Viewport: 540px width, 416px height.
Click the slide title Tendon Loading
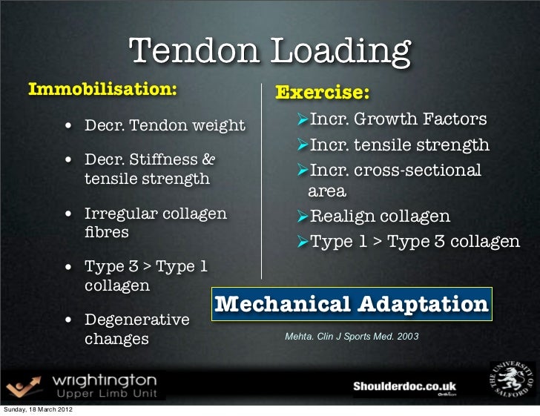[270, 52]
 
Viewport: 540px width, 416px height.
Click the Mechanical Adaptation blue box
[352, 305]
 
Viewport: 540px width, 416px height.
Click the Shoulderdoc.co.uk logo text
[404, 386]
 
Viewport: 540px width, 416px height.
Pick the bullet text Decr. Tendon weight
[164, 124]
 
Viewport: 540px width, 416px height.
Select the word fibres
[107, 232]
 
